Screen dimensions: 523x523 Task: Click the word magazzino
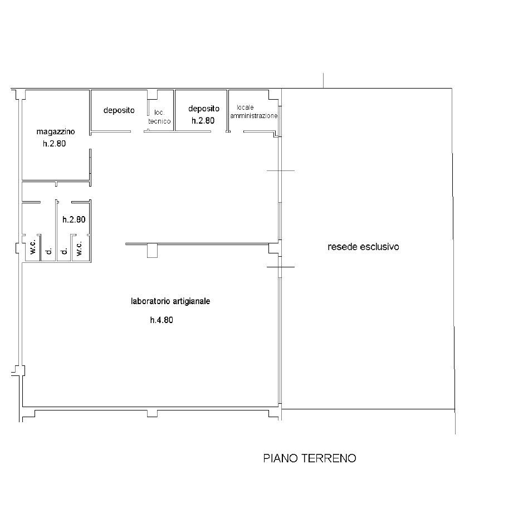point(56,132)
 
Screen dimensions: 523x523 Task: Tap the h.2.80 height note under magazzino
point(55,144)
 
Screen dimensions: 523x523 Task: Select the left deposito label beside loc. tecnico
point(119,110)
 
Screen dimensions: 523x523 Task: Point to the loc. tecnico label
point(159,117)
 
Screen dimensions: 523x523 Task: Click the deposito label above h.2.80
point(204,109)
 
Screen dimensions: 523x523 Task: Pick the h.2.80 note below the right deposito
point(203,120)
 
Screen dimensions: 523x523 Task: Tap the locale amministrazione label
point(254,112)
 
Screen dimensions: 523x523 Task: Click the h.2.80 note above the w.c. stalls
point(74,219)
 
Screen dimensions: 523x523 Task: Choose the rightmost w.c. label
point(79,249)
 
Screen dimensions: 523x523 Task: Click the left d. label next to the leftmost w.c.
point(49,251)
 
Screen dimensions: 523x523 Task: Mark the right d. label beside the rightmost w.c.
point(65,251)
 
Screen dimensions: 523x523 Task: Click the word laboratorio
point(150,301)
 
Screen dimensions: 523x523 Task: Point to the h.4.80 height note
point(162,320)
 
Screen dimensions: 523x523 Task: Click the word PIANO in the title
point(281,458)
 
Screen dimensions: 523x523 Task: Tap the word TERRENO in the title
point(329,458)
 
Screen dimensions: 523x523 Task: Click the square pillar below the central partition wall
point(152,251)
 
